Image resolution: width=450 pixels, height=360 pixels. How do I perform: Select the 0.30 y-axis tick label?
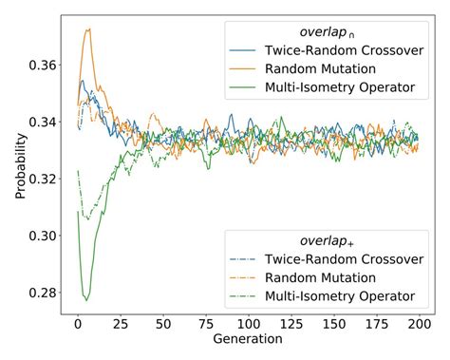pos(43,235)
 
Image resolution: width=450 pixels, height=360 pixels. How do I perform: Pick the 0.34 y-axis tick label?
pos(43,122)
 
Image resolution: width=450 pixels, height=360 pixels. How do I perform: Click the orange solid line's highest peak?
pos(88,28)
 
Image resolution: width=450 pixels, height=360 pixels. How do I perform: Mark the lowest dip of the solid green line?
pos(86,300)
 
